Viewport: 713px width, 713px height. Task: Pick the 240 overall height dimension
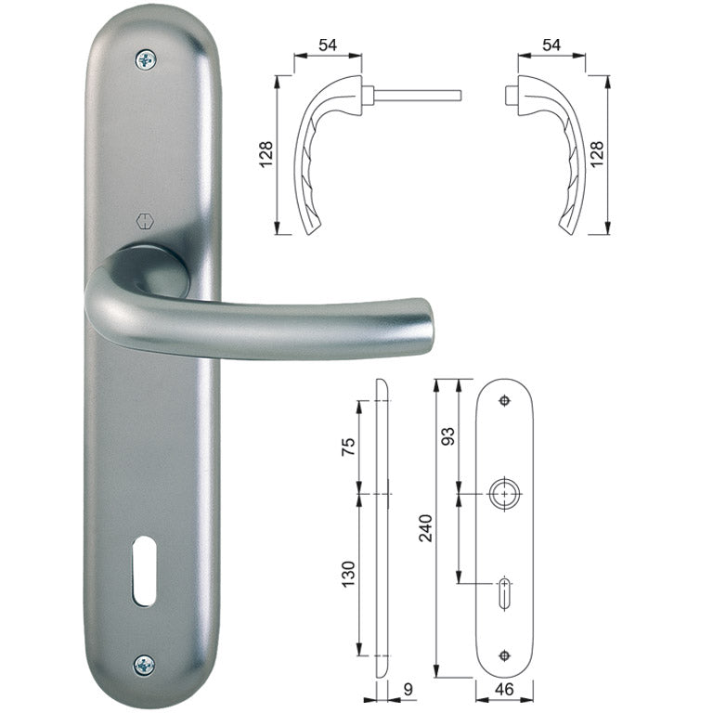click(425, 542)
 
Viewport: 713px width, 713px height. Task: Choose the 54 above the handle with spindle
click(328, 45)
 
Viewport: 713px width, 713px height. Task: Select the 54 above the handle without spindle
click(551, 45)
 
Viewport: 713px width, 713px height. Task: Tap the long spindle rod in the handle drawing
click(418, 94)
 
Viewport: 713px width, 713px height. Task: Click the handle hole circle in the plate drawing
click(504, 494)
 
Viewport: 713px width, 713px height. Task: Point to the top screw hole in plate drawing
click(504, 400)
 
